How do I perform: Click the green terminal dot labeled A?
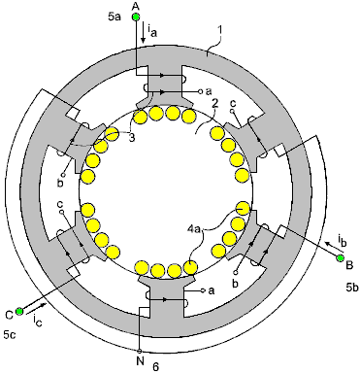[x=136, y=17]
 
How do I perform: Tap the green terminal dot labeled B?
[x=340, y=258]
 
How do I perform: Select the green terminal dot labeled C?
[x=19, y=311]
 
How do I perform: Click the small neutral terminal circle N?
[x=140, y=351]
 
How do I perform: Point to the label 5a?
[x=115, y=17]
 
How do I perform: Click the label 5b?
[x=352, y=287]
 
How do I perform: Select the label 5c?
[x=10, y=335]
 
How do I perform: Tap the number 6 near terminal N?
[x=156, y=367]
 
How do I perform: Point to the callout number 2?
[x=214, y=103]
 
